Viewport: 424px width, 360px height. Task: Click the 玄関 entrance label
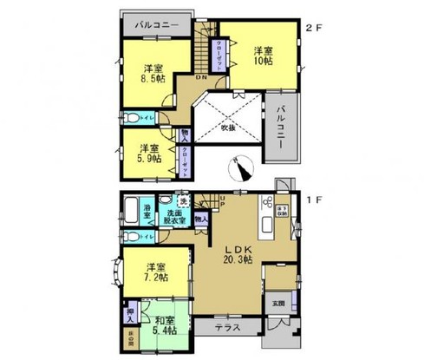point(277,302)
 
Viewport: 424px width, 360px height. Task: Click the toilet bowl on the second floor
point(129,116)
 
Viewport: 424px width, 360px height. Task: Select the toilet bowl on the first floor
point(129,235)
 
